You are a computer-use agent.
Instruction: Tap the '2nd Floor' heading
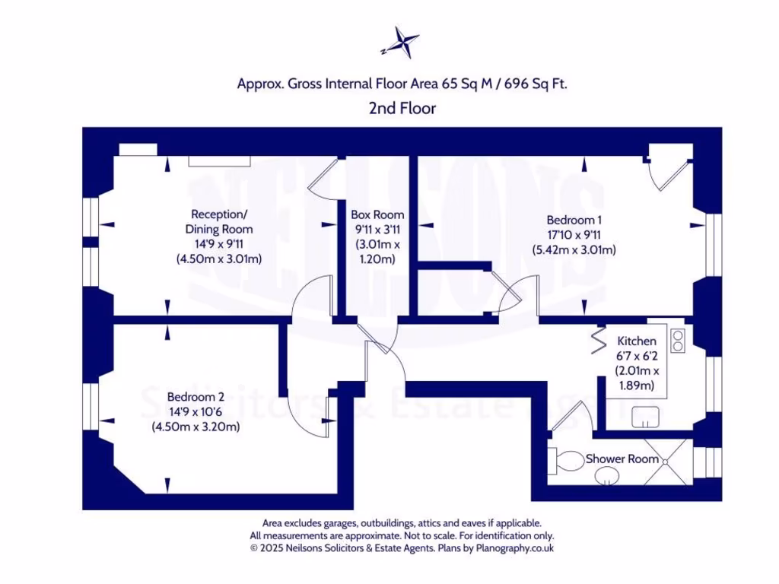[x=402, y=109]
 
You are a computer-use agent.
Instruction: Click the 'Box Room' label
[x=377, y=215]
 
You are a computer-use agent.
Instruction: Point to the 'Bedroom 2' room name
[x=196, y=397]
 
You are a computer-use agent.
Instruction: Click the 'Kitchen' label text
[x=637, y=341]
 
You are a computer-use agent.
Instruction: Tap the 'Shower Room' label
[x=622, y=459]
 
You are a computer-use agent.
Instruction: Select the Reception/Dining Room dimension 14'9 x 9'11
[x=219, y=244]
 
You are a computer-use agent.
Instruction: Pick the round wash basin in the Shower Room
[x=606, y=477]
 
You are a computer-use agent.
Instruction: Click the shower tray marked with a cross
[x=668, y=462]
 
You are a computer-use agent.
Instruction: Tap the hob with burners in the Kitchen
[x=677, y=337]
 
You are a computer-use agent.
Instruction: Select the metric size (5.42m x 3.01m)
[x=574, y=249]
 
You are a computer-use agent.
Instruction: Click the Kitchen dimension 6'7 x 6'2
[x=637, y=356]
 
